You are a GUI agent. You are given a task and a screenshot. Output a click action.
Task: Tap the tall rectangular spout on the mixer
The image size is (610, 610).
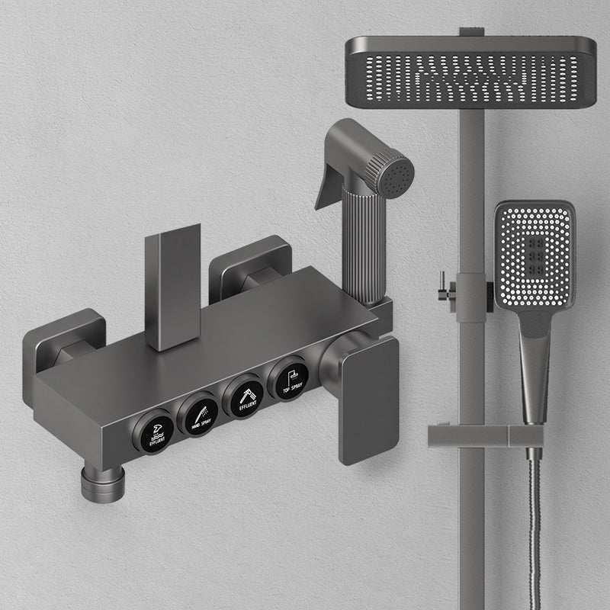point(173,286)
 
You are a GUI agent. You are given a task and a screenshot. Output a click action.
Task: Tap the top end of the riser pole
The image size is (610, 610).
point(470,32)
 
